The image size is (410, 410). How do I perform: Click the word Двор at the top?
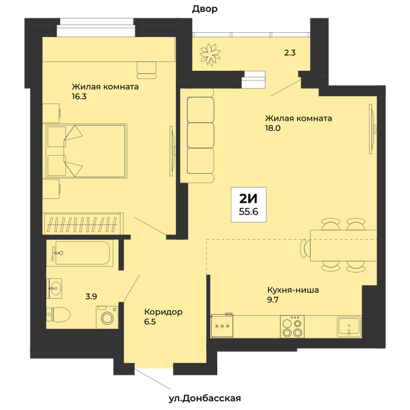tap(205, 9)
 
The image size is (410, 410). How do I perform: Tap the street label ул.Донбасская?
tap(204, 398)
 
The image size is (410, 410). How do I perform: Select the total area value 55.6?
tap(248, 211)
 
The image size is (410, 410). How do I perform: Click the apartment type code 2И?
tap(248, 199)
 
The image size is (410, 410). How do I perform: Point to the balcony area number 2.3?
tap(290, 53)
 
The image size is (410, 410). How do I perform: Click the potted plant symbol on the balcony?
tap(210, 54)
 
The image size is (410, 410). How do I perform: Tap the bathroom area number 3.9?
tap(91, 296)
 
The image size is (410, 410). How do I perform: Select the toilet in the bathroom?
tap(59, 315)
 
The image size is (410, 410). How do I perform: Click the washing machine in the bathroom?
tap(107, 317)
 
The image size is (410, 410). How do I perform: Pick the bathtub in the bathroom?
tap(81, 253)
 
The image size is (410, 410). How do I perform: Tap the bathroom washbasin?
tap(54, 288)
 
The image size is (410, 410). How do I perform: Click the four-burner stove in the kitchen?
tap(292, 326)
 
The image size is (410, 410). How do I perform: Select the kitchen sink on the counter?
tap(349, 327)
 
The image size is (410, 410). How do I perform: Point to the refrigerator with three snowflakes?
tap(222, 326)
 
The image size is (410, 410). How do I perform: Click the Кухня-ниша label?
tap(293, 290)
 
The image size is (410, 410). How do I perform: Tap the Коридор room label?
tap(163, 312)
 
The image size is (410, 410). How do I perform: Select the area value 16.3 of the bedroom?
tap(79, 97)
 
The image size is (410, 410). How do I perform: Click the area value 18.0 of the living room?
tap(273, 128)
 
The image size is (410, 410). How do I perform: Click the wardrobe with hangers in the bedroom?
tap(83, 224)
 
